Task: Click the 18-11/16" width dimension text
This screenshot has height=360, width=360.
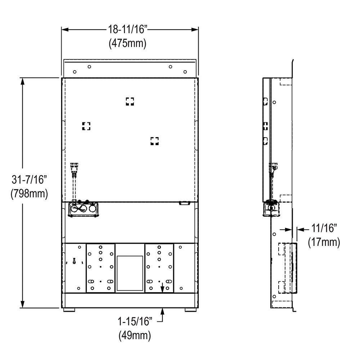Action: [x=127, y=30]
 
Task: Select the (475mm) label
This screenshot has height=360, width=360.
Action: [x=127, y=43]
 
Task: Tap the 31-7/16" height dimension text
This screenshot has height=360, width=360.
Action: [x=29, y=179]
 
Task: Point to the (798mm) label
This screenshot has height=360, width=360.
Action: [x=29, y=194]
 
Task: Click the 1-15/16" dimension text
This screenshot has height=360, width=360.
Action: [x=135, y=321]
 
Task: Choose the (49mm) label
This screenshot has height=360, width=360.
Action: [x=135, y=336]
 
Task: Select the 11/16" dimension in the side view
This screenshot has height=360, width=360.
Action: [x=324, y=228]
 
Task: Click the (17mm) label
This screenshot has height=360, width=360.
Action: [x=324, y=242]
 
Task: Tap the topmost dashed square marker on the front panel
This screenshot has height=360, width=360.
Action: [x=130, y=102]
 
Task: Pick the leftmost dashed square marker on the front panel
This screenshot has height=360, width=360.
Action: [x=86, y=126]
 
